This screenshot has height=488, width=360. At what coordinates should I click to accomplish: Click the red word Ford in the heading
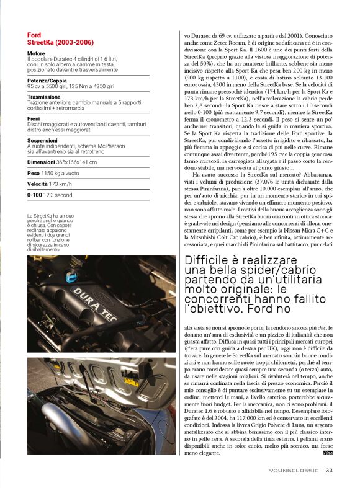(34, 35)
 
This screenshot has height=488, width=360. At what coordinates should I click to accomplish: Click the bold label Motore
(37, 54)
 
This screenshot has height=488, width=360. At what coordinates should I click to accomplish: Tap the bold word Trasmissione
(44, 97)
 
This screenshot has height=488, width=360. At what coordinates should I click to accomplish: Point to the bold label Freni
(34, 118)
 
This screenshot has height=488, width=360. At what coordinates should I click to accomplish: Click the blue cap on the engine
(71, 277)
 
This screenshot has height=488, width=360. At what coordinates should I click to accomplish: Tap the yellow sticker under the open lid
(132, 381)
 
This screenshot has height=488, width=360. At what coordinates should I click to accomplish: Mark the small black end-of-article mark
(328, 453)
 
